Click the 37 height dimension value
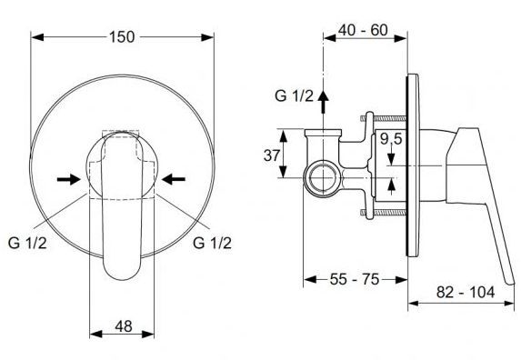click(x=272, y=155)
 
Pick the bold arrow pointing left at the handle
click(x=173, y=178)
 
